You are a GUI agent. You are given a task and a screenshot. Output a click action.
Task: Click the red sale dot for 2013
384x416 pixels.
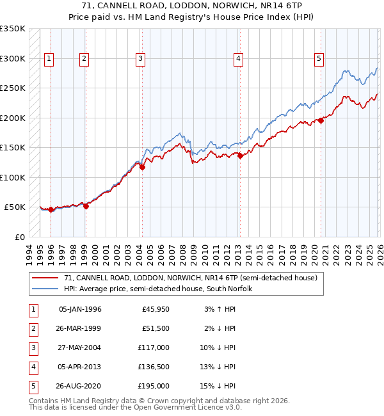(240, 156)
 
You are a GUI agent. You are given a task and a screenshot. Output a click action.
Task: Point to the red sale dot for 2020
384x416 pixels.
(321, 121)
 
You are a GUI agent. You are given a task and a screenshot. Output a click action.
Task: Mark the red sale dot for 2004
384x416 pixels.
(143, 168)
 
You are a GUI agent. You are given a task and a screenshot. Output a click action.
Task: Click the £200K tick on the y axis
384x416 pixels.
(13, 118)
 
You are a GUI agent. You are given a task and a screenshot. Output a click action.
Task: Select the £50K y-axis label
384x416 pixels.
(15, 207)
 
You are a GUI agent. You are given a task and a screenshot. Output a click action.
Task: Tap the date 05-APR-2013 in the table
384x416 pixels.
(80, 367)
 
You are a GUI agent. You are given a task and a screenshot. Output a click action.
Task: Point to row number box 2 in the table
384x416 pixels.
(32, 328)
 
